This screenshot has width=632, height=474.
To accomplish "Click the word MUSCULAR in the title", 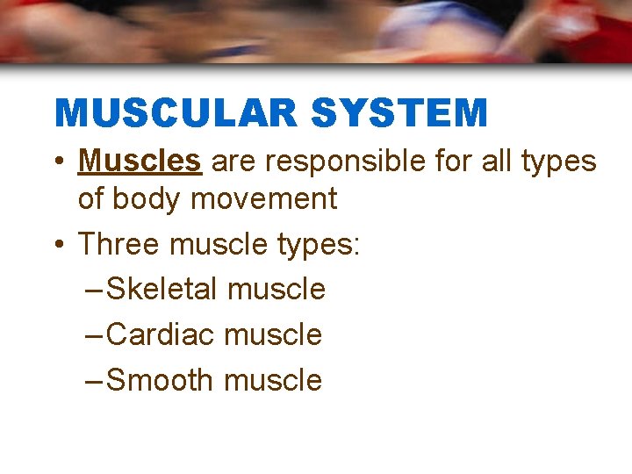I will [176, 113].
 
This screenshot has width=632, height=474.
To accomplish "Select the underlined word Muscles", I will [140, 162].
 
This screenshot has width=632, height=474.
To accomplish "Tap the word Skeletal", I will [162, 289].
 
